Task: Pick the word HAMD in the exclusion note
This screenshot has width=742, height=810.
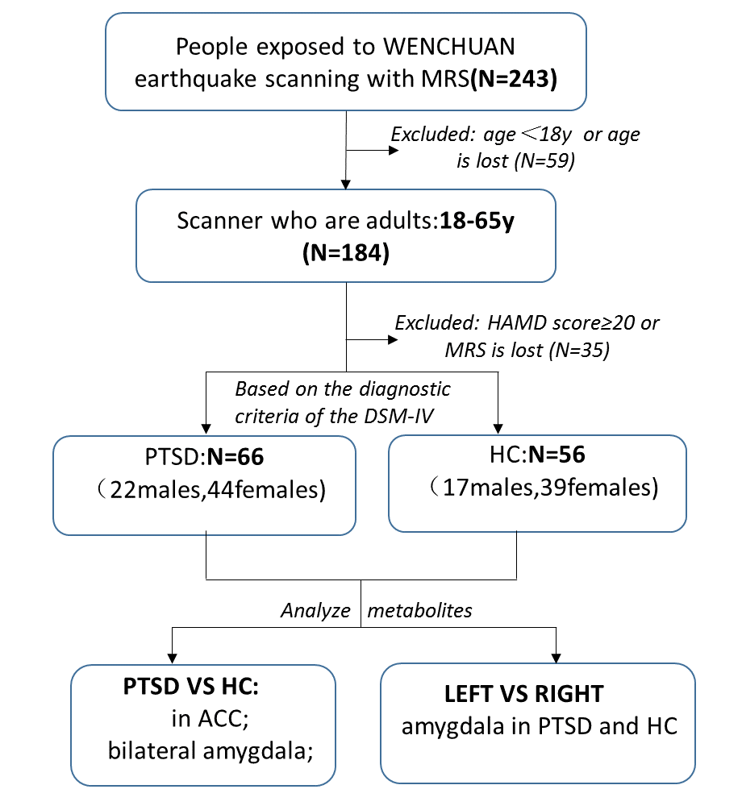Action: tap(514, 323)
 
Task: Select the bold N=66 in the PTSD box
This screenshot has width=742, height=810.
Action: tap(236, 456)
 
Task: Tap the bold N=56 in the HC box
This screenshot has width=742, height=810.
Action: tap(556, 455)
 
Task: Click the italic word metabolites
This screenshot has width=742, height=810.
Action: tap(419, 610)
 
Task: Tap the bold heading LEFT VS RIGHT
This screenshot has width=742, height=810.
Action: tap(523, 694)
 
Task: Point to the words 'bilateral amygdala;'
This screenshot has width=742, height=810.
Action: tap(211, 750)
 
